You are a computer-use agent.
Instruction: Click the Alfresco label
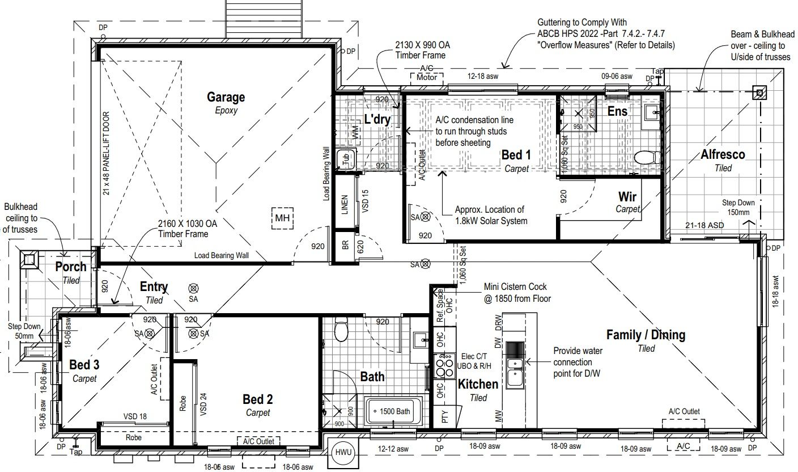point(723,154)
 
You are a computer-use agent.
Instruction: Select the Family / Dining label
point(646,335)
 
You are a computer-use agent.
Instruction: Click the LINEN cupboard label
point(345,205)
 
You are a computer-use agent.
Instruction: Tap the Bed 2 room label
point(258,399)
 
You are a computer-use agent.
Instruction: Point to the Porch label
point(71,267)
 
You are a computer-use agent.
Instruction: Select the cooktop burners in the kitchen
point(443,366)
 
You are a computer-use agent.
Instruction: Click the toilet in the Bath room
point(341,330)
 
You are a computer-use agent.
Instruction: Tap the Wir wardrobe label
point(627,197)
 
